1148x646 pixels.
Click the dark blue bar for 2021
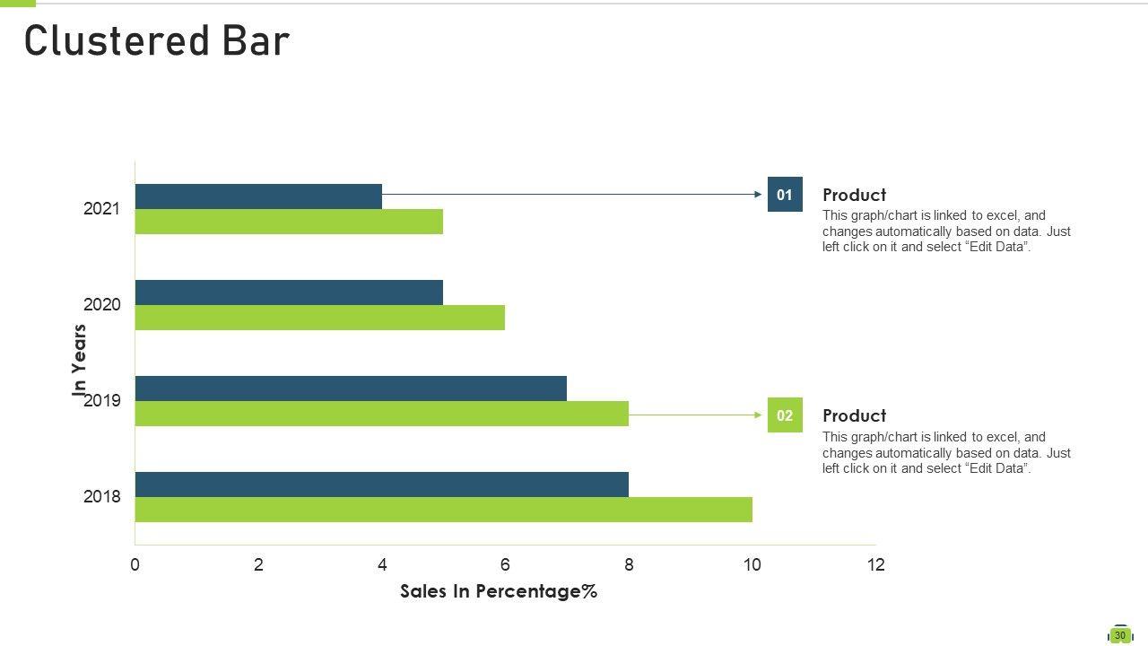click(258, 196)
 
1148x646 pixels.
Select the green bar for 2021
click(289, 222)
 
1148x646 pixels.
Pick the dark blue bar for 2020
click(289, 292)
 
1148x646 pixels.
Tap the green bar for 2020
click(319, 318)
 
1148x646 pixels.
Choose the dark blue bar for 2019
click(351, 388)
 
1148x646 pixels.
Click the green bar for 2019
click(381, 414)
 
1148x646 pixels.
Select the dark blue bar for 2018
click(381, 484)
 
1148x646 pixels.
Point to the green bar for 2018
click(443, 510)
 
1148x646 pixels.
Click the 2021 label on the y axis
click(101, 209)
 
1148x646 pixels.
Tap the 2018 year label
click(101, 497)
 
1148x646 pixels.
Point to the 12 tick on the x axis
click(875, 564)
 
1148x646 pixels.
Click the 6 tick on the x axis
click(505, 564)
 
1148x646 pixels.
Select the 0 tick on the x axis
click(135, 564)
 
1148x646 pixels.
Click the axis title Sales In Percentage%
click(499, 591)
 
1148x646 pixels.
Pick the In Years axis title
click(80, 360)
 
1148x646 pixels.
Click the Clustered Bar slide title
click(157, 41)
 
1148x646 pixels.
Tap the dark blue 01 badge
click(785, 195)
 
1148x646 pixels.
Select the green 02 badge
click(785, 415)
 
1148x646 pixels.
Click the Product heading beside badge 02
click(854, 415)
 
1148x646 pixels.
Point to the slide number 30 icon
click(1119, 635)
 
